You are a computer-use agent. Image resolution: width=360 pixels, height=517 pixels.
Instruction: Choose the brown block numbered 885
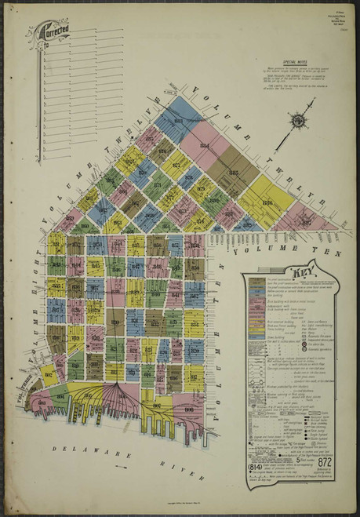(x=233, y=173)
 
